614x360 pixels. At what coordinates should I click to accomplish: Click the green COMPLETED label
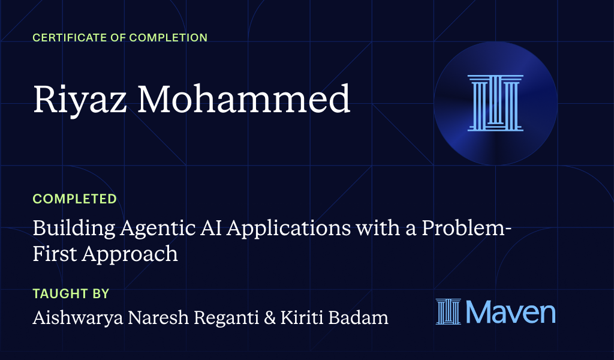[75, 199]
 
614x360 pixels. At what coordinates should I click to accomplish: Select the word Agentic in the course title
[145, 229]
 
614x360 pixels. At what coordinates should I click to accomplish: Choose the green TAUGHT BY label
[71, 294]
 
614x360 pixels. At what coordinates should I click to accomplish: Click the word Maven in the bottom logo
[510, 312]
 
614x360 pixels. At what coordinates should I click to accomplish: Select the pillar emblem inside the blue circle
[495, 103]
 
